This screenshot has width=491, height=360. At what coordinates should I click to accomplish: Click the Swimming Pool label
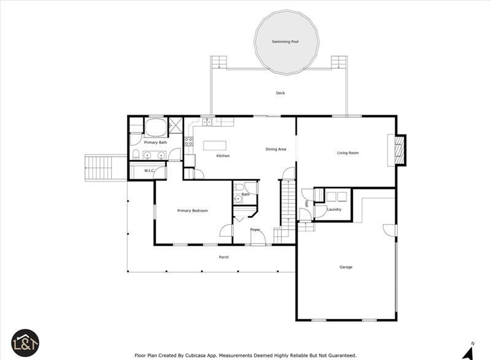coord(285,42)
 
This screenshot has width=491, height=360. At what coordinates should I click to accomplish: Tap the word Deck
coord(280,93)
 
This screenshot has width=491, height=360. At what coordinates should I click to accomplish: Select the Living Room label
coord(347,153)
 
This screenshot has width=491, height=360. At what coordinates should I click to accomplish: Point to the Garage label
coord(346,267)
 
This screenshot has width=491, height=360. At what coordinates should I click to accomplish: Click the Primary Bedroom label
coord(192,211)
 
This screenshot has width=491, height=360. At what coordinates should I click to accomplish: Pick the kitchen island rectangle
coord(214,145)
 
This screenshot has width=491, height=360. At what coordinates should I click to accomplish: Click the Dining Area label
coord(276,149)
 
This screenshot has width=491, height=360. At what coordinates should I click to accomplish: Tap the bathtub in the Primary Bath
coord(156,128)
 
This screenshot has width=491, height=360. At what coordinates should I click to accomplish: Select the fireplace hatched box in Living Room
coord(400,150)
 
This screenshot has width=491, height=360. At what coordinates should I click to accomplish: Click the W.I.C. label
coord(149,170)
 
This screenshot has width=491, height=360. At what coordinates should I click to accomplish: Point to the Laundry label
coord(334,210)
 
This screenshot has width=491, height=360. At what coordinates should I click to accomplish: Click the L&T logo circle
coord(25,343)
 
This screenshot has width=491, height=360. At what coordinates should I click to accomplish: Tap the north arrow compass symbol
coord(468,353)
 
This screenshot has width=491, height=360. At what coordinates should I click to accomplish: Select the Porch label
coord(223,257)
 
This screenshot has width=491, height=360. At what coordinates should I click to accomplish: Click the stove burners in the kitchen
coord(188,142)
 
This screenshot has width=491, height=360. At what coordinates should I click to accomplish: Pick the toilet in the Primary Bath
coord(136,155)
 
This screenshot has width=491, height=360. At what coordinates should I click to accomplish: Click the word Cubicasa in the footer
coord(195,356)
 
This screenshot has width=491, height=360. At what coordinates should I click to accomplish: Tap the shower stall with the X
coord(176,126)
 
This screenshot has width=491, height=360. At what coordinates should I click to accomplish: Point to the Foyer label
coord(255,230)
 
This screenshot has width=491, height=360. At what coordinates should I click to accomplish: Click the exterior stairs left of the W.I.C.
coord(98,167)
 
